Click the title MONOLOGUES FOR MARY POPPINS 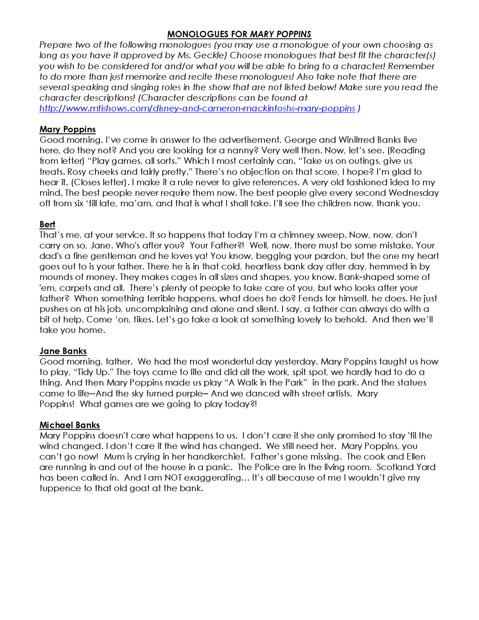[x=239, y=34]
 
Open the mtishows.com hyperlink [x=197, y=108]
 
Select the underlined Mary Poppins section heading [x=68, y=129]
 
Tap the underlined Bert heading [x=47, y=224]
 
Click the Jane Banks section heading [x=63, y=351]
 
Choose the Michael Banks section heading [x=70, y=425]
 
